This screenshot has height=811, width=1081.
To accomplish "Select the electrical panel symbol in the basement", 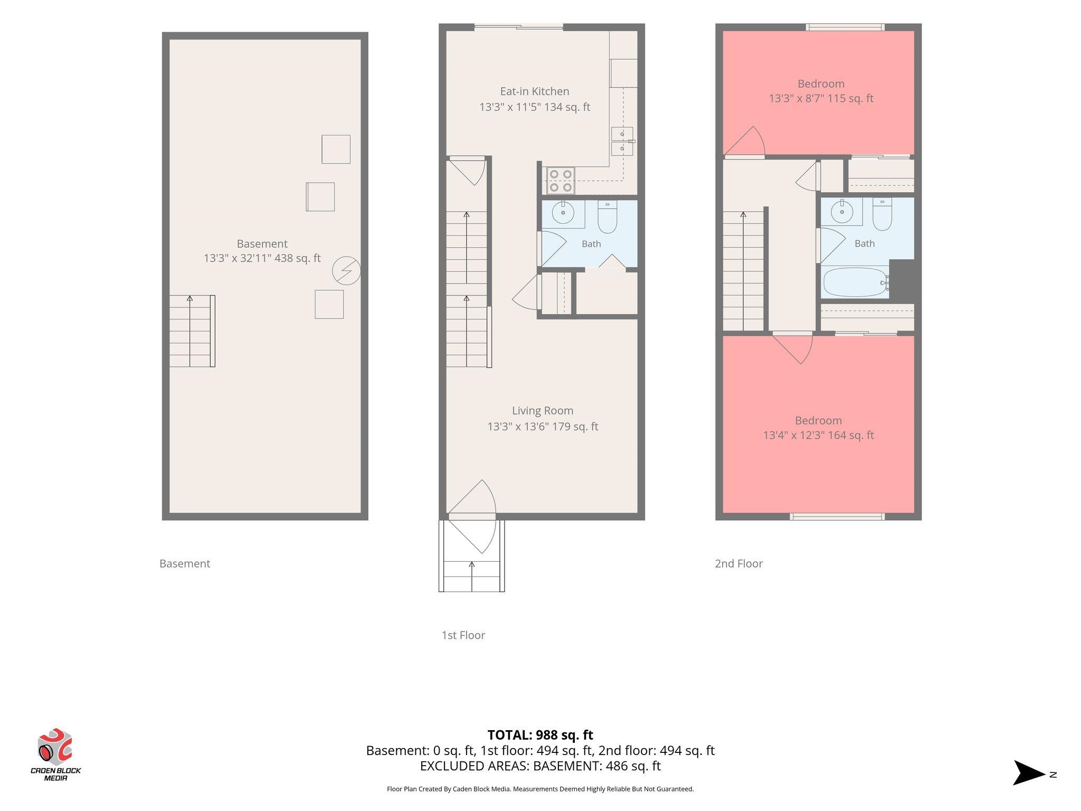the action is (346, 271).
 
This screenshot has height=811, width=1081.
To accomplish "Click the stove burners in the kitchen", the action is (561, 180).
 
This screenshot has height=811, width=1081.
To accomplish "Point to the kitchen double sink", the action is (622, 141).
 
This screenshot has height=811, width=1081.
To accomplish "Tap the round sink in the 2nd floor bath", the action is (841, 212).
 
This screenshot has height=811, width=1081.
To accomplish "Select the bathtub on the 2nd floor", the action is (856, 282).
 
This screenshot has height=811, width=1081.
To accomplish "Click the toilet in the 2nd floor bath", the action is (882, 214).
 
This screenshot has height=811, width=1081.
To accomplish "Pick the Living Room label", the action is (543, 410).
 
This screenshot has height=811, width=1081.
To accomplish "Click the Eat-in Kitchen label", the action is (535, 91).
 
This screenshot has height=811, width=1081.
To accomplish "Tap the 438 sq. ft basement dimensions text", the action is (262, 258).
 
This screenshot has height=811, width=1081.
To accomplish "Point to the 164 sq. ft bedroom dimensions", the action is (819, 435).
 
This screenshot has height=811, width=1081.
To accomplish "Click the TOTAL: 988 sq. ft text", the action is (540, 735).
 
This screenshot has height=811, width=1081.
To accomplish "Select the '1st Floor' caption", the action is (463, 635).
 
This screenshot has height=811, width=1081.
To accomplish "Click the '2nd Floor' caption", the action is (739, 563).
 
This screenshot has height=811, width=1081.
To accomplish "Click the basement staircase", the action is (192, 331).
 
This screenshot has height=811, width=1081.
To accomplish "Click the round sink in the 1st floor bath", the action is (563, 213).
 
